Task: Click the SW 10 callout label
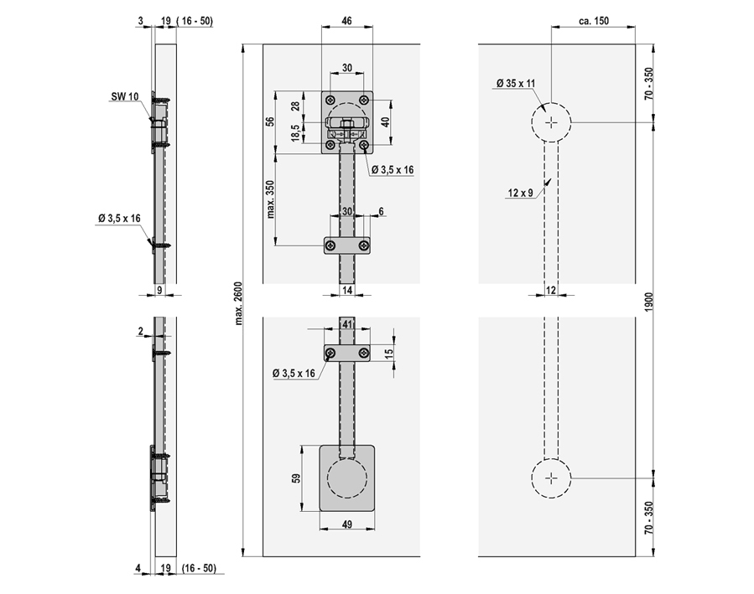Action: pos(125,96)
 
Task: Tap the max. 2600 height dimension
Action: pos(239,303)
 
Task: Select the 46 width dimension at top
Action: pos(346,21)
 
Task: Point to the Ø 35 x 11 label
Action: pos(516,84)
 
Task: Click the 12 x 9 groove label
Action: pos(520,193)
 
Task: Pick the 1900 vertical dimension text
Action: pos(648,302)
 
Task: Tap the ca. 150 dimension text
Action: pos(594,21)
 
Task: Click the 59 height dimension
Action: pos(296,478)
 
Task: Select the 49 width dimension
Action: pos(346,524)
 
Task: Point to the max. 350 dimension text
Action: pos(270,199)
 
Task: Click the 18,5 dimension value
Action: pos(295,133)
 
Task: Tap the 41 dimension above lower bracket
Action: pos(346,324)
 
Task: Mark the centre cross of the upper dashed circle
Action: pos(551,123)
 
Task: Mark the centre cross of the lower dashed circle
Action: pos(551,478)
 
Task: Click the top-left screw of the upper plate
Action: pos(330,100)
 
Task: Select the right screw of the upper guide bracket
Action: pos(364,246)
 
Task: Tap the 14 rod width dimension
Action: pos(346,290)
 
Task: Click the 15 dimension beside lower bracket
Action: pos(389,352)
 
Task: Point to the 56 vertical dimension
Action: pos(270,121)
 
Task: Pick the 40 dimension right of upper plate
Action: pos(385,121)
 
